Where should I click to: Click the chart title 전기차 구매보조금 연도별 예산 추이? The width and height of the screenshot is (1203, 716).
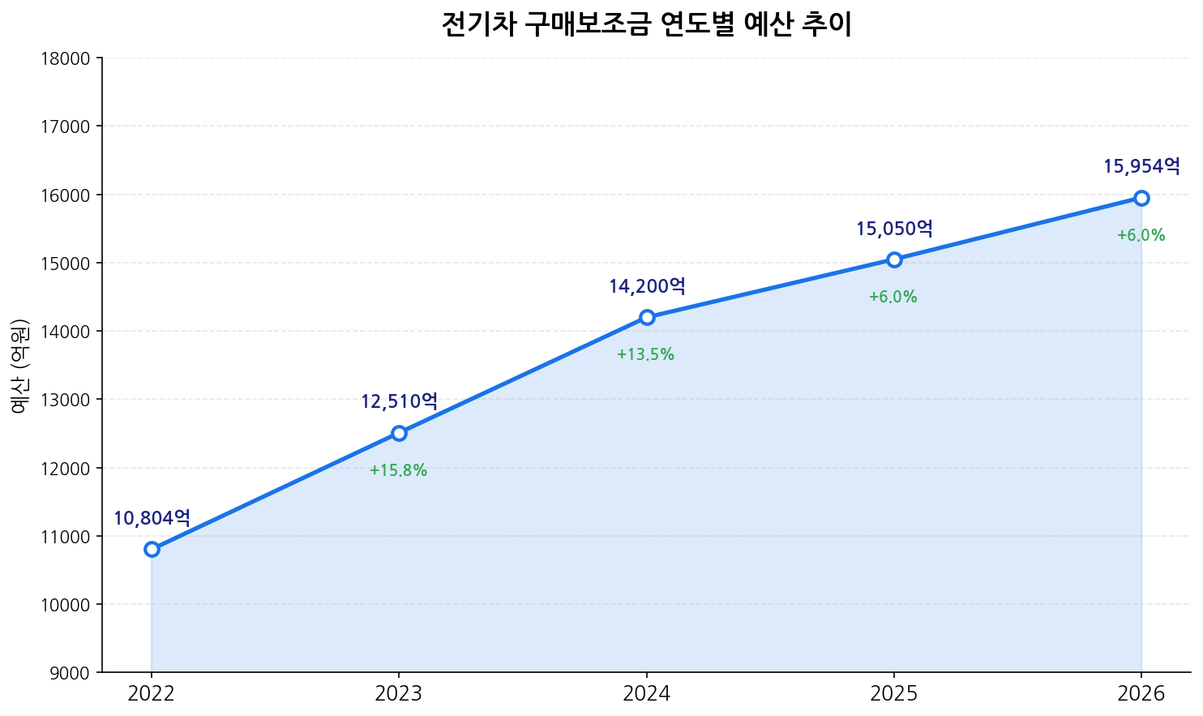click(646, 24)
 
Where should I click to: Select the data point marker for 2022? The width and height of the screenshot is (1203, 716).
click(152, 549)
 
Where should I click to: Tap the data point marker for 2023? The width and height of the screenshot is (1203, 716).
click(399, 433)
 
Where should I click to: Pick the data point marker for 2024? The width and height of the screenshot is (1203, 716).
click(647, 317)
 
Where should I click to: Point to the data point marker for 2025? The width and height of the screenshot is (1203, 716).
click(894, 259)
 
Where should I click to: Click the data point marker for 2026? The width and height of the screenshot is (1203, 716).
click(1141, 198)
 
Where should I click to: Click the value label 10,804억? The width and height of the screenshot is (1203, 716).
click(152, 518)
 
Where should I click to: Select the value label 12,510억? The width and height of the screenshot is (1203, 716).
click(399, 401)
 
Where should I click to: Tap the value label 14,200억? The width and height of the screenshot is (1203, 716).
click(647, 286)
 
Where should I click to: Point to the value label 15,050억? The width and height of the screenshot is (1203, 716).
click(894, 229)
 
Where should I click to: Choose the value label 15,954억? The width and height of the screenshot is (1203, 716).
click(1141, 167)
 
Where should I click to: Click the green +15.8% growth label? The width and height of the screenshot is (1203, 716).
click(398, 470)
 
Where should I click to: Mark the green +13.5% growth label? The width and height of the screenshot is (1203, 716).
click(645, 354)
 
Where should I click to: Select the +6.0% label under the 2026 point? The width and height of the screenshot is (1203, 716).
click(1141, 235)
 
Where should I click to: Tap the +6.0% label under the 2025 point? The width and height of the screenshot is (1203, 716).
click(893, 297)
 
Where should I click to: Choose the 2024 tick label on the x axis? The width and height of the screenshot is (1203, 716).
click(646, 693)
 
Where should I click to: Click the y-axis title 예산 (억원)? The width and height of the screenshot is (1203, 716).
click(20, 365)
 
